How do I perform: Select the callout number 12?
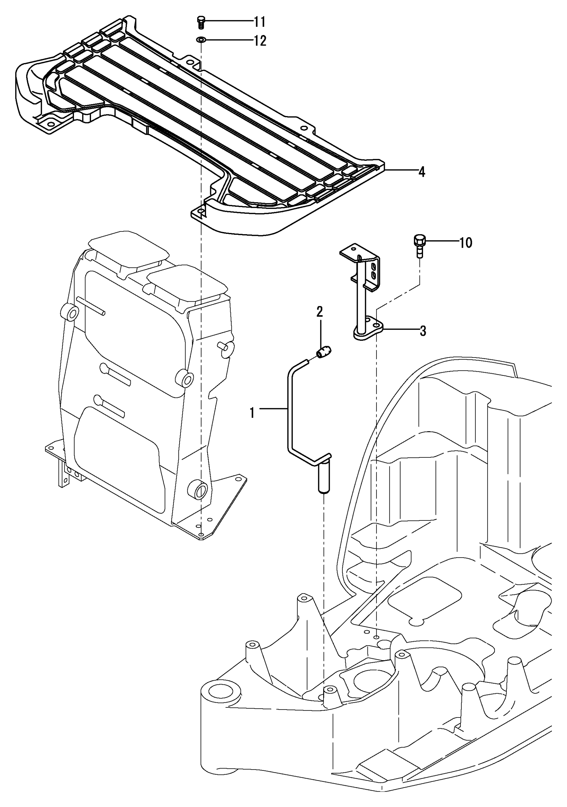260,41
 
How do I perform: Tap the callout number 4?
421,172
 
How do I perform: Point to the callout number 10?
466,243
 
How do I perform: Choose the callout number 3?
423,331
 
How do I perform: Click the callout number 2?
319,311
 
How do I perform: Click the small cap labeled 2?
324,352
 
